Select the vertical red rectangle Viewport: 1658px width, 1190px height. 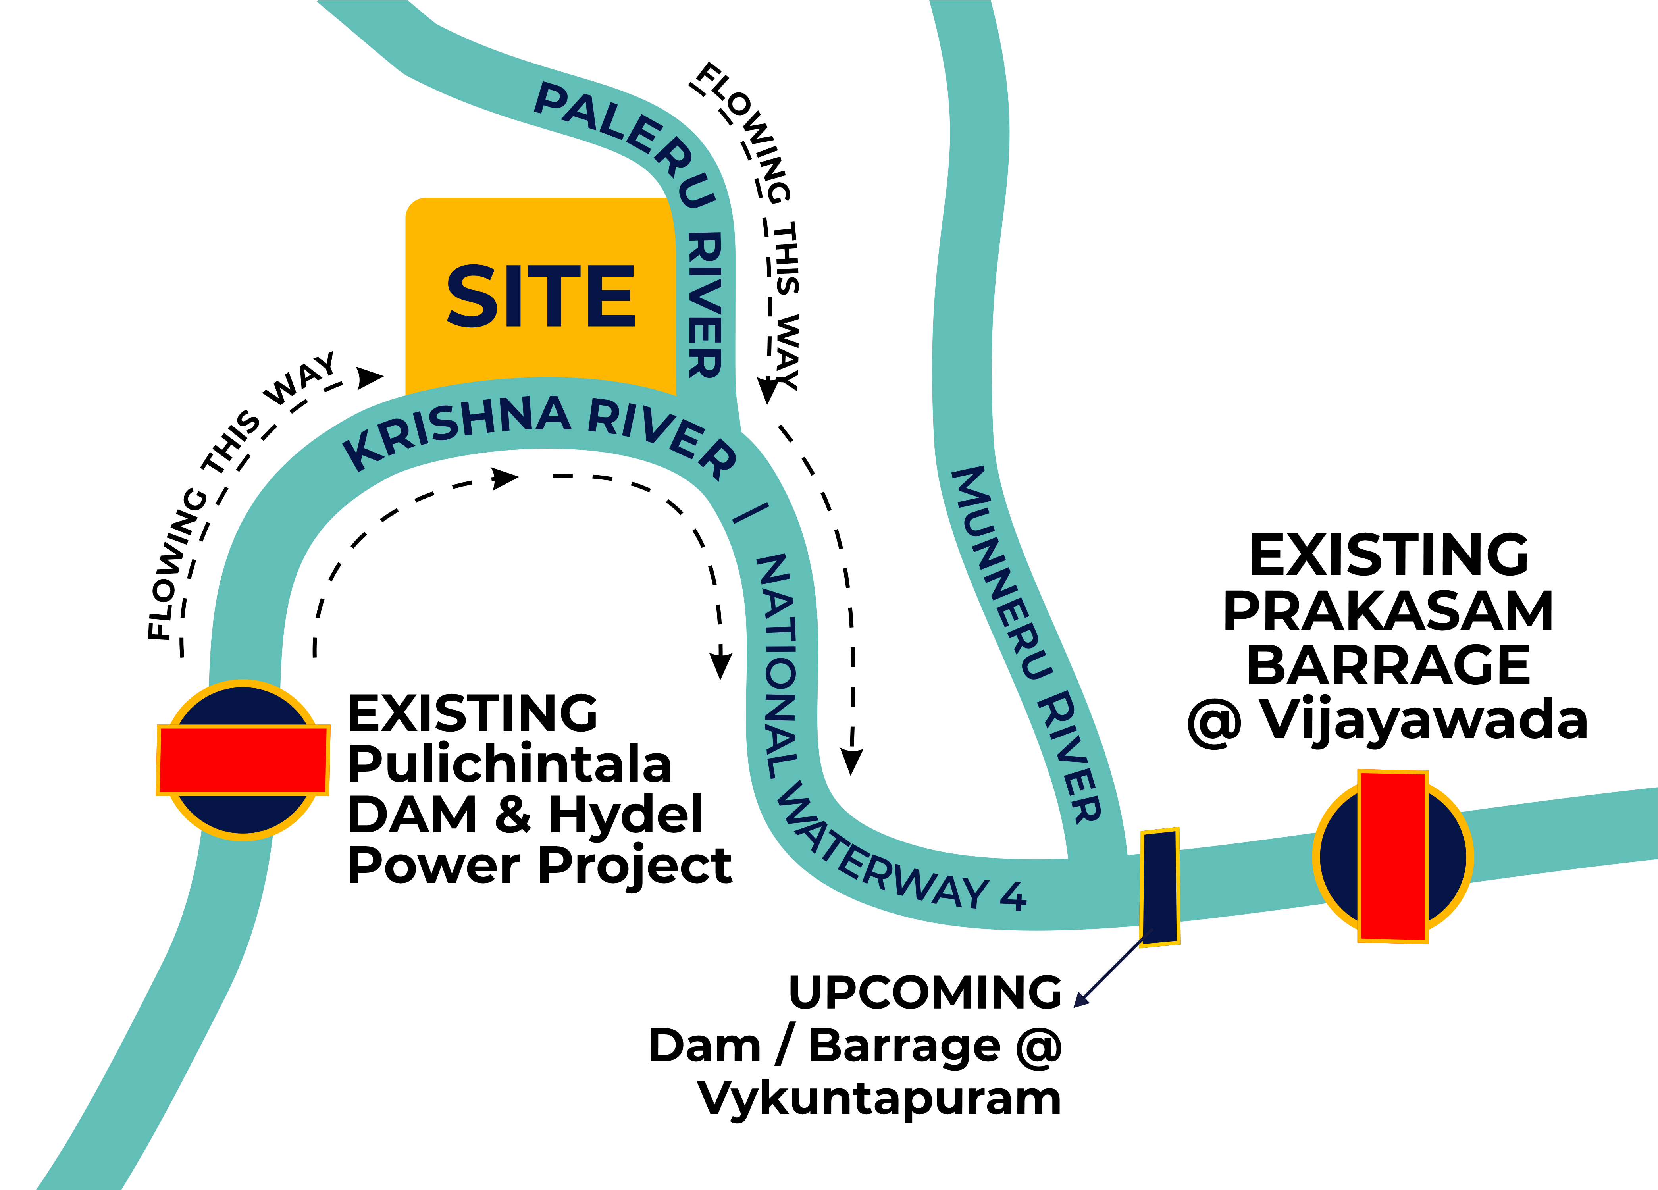pyautogui.click(x=1392, y=856)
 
